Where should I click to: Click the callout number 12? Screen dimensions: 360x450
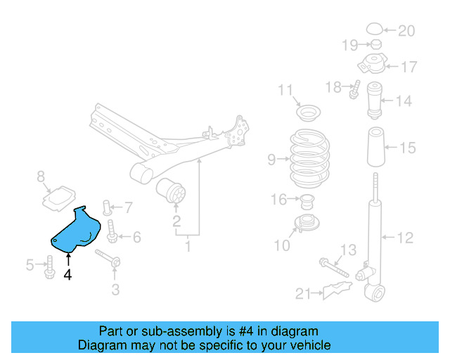pos(405,238)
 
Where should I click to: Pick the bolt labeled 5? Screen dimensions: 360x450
pos(49,266)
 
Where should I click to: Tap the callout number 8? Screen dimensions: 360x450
pos(41,176)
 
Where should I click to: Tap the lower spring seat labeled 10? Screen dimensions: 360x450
pos(307,226)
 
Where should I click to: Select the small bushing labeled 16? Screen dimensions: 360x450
pos(307,202)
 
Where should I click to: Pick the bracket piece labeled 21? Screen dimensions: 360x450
pos(336,290)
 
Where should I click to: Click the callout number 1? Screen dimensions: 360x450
pos(188,246)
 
